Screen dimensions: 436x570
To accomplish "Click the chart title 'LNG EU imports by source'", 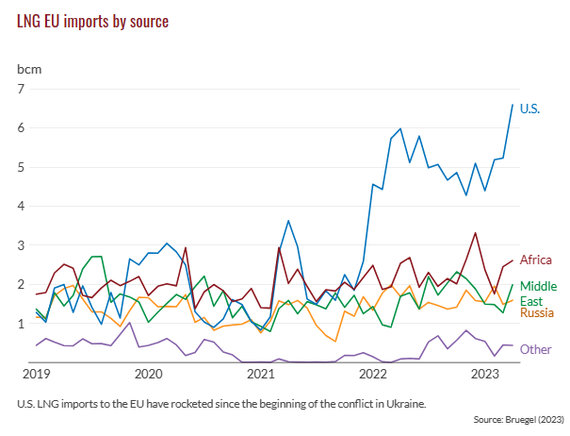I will [93, 21].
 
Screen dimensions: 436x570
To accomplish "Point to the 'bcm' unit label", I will [29, 70].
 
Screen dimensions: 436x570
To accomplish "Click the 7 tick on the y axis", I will [22, 89].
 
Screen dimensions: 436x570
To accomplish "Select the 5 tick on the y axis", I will [22, 167].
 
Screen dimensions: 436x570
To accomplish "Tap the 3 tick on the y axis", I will [22, 245].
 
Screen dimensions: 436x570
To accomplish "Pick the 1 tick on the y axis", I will [22, 324].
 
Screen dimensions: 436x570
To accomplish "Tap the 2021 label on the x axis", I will [260, 374].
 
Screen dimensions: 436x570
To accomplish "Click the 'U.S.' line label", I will [530, 109].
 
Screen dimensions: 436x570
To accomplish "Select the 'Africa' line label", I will [536, 259].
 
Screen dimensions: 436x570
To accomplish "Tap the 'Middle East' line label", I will [538, 293].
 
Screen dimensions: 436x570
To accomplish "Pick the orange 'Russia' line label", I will [537, 312].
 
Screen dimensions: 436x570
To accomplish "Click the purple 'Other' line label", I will [536, 349].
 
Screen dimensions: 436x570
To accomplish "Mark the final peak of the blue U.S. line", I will [513, 105].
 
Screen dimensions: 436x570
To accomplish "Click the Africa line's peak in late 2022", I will [476, 232].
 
